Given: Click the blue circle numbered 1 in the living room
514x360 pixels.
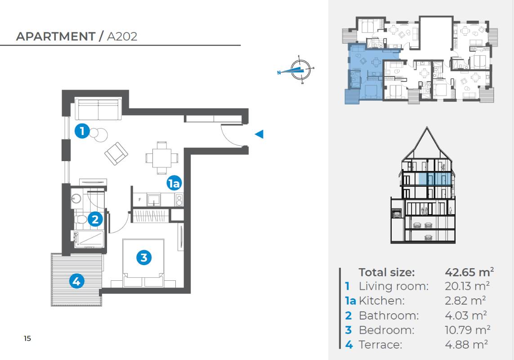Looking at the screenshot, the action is [x=82, y=131].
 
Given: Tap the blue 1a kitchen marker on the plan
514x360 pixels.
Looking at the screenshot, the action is [x=174, y=183].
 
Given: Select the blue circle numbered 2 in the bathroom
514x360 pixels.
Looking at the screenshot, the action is [x=95, y=219].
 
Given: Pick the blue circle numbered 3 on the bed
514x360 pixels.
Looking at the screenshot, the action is [x=144, y=257].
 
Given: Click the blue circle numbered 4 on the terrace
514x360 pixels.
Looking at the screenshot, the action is [x=76, y=281].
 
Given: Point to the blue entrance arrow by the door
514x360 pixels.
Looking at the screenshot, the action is [x=259, y=134].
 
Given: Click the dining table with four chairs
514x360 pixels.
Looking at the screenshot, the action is [x=162, y=158].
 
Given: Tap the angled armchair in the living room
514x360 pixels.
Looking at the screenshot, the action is [x=116, y=153].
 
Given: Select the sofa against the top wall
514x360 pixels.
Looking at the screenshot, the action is [x=98, y=108].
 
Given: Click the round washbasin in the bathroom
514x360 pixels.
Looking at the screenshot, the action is [x=76, y=198].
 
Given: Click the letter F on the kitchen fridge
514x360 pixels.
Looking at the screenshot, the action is [x=140, y=199].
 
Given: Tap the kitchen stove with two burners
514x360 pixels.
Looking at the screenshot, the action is [x=179, y=200].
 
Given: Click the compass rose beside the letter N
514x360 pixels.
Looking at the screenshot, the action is [x=300, y=70].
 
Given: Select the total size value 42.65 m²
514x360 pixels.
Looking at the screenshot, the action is [x=469, y=272].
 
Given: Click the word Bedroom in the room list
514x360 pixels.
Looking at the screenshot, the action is [x=386, y=330].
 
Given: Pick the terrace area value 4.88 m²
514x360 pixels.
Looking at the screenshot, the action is [x=466, y=344].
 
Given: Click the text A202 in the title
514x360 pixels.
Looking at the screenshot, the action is [x=122, y=36].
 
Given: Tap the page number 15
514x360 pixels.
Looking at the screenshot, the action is [x=27, y=338].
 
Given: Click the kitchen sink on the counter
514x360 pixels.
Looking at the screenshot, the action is [x=153, y=199].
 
